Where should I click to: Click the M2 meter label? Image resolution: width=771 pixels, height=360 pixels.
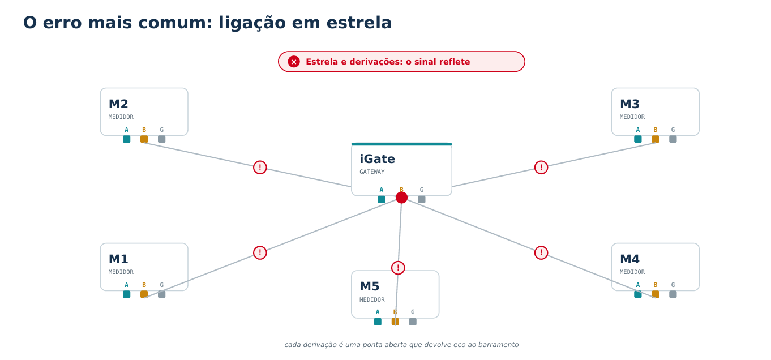coord(118,104)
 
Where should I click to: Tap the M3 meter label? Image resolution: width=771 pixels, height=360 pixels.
coord(629,104)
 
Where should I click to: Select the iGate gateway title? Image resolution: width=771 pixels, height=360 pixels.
coord(377,159)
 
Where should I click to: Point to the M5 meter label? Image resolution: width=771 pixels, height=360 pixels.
coord(369,286)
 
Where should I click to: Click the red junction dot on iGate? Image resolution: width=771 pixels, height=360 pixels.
coord(401,198)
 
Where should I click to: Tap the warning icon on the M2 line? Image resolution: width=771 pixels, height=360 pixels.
coord(260,168)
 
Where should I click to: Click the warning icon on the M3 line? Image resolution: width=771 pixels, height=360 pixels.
coord(541,168)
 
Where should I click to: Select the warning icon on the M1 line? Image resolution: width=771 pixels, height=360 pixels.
coord(260,253)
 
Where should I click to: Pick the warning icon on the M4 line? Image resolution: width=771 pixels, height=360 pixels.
coord(541,253)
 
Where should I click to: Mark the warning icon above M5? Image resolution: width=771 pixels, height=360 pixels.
coord(398,268)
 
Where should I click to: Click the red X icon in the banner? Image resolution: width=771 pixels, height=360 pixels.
coord(294,62)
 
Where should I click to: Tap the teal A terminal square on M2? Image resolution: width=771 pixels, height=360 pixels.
coord(127,139)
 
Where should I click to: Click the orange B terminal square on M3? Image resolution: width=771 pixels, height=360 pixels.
coord(656,139)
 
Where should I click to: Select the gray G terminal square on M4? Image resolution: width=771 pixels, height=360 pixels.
coord(673,294)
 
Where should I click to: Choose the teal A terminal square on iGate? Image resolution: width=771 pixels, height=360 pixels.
coord(382,199)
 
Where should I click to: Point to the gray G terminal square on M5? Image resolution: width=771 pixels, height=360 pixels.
coord(413,322)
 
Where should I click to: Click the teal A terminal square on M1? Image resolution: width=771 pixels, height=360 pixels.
coord(127,294)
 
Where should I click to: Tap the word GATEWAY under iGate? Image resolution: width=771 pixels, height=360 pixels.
coord(372,172)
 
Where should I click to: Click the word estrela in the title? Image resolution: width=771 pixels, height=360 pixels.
coord(359,23)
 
